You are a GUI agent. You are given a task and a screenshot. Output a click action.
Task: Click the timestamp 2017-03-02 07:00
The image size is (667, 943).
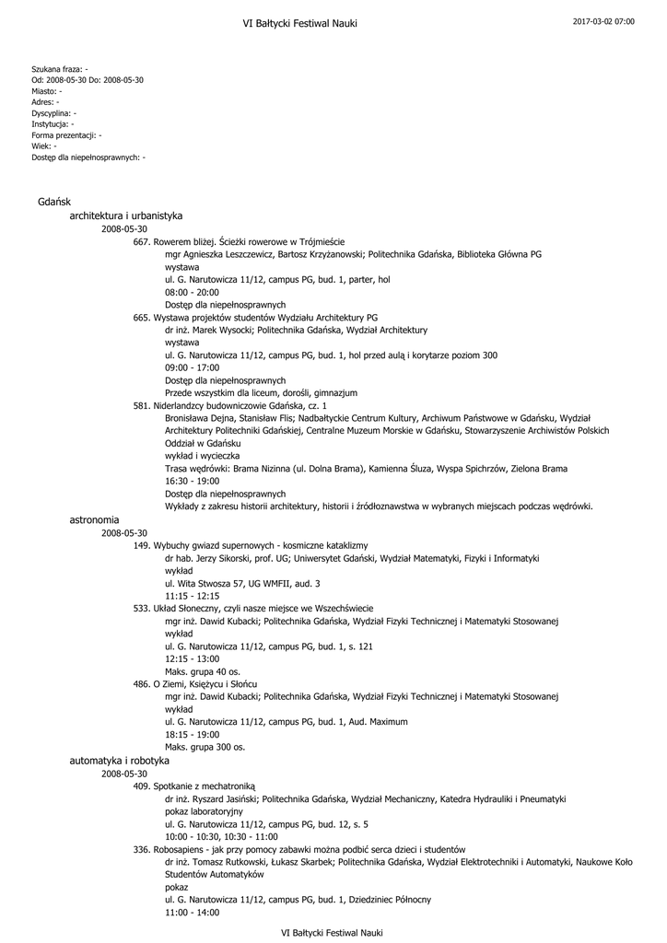point(603,20)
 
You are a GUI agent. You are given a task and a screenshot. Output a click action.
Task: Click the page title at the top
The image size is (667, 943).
point(299,23)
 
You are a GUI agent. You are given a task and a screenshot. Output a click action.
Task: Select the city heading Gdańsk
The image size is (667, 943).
point(49,201)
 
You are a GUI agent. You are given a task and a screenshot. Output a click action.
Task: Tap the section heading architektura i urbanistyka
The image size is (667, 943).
point(126,215)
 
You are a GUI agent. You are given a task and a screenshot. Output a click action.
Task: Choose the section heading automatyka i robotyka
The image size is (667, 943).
point(120,762)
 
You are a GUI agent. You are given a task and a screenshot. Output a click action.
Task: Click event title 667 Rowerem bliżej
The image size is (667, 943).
point(239,240)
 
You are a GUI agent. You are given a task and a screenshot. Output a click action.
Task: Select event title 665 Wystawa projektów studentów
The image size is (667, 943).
point(255,317)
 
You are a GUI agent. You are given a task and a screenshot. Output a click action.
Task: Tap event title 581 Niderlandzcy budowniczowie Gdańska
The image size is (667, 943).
point(229,405)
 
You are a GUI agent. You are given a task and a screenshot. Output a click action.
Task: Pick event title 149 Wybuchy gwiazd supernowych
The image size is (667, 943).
point(250,545)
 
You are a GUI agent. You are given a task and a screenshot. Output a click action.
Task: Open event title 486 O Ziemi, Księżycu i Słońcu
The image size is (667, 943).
point(194,684)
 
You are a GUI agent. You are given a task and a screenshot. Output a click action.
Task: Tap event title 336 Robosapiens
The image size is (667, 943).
point(298,849)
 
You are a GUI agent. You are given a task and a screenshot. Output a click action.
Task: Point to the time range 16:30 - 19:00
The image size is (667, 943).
point(192,481)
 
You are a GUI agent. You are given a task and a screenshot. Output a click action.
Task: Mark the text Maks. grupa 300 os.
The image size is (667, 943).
point(205,747)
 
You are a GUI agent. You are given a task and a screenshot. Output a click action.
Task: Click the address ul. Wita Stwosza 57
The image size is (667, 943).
point(242,583)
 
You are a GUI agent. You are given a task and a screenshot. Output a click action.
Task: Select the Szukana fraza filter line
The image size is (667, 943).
point(60,69)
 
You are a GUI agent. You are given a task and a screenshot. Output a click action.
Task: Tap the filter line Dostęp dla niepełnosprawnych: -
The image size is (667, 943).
point(88,157)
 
